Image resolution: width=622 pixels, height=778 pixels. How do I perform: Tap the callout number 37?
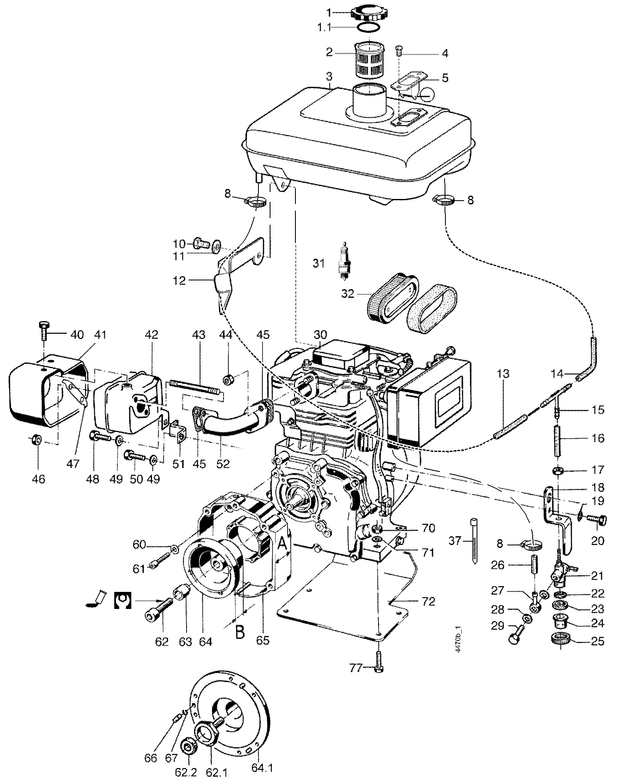(455, 541)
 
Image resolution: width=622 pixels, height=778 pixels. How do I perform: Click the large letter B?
(240, 633)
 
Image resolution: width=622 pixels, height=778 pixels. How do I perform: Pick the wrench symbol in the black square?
(123, 601)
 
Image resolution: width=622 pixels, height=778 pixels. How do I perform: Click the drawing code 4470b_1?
(459, 640)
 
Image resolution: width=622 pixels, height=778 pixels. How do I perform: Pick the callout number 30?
(320, 335)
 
